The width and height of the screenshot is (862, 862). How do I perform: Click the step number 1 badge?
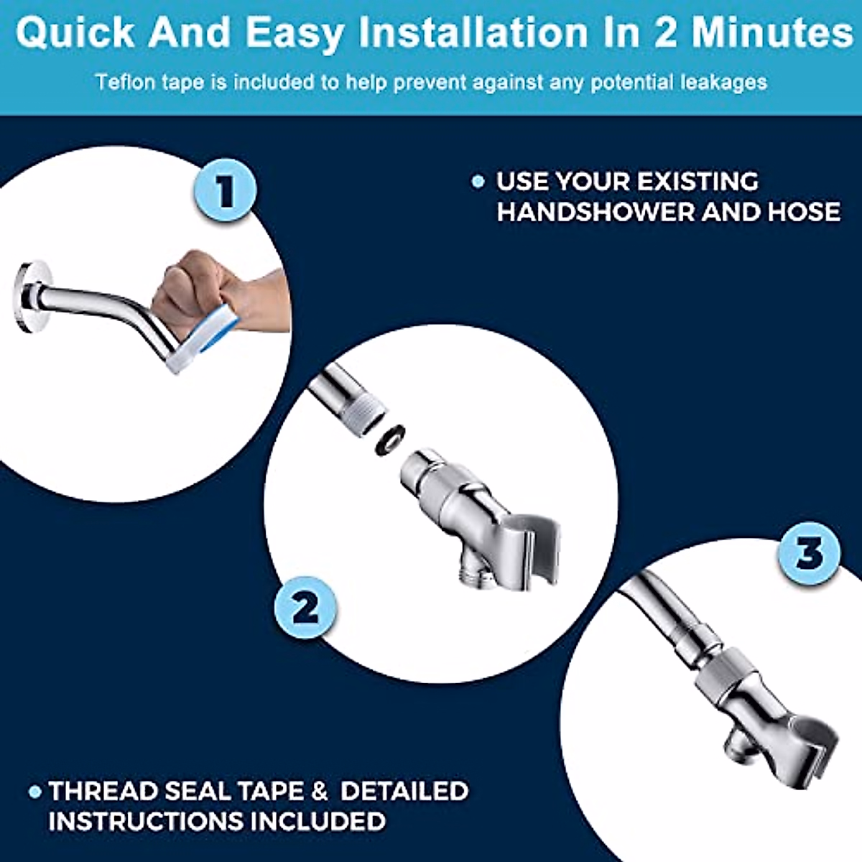[226, 190]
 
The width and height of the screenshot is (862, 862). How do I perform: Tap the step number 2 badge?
[305, 608]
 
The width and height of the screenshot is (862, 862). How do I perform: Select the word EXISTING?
[697, 181]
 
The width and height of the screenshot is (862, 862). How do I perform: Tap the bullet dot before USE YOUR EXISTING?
[478, 182]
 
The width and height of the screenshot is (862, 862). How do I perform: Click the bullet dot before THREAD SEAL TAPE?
[34, 792]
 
